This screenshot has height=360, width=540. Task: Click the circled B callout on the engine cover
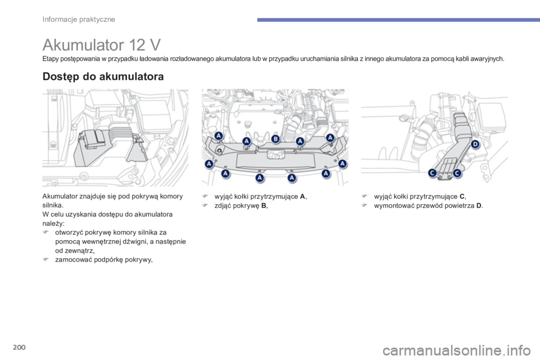(x=276, y=138)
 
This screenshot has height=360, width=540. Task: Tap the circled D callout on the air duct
(x=475, y=145)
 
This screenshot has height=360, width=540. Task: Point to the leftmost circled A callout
(x=209, y=164)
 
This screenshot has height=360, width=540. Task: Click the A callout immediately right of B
(x=300, y=141)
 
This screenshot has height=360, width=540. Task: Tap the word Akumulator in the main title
(x=77, y=44)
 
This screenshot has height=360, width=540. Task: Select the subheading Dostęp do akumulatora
(x=103, y=78)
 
